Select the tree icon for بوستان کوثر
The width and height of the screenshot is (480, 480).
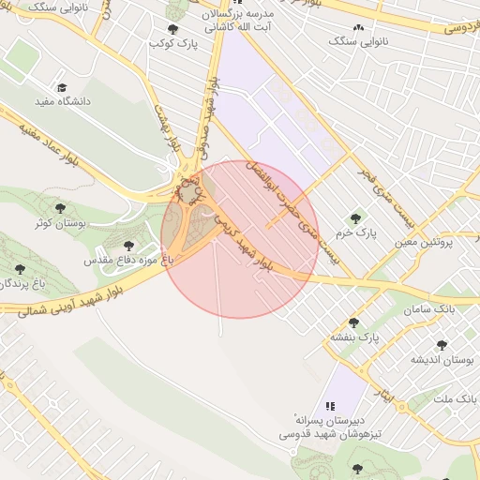coord(60,208)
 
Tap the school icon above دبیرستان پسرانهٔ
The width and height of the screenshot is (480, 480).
coord(330,406)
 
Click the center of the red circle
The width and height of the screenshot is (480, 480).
coord(240,239)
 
